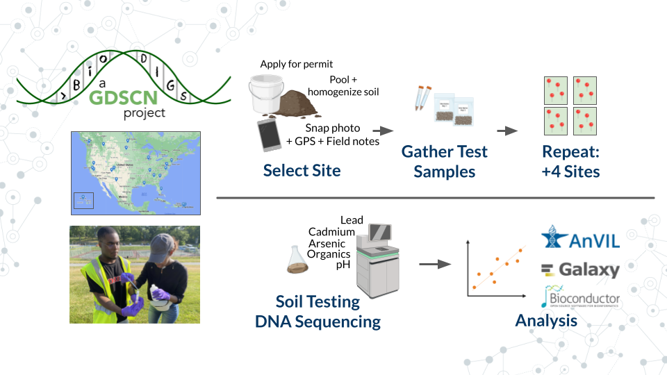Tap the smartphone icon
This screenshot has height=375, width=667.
tap(267, 135)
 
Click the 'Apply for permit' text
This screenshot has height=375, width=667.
tap(297, 65)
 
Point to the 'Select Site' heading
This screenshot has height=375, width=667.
tap(302, 170)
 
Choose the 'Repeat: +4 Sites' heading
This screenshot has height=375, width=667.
tap(570, 161)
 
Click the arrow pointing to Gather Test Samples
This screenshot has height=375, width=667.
tap(383, 130)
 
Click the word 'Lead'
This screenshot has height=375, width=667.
tap(352, 221)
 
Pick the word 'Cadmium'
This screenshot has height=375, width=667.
tap(331, 232)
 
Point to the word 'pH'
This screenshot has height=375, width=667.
tap(343, 265)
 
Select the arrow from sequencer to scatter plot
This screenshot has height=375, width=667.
tap(431, 264)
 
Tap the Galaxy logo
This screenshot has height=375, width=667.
tap(579, 269)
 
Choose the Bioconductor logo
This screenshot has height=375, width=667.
tap(581, 297)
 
